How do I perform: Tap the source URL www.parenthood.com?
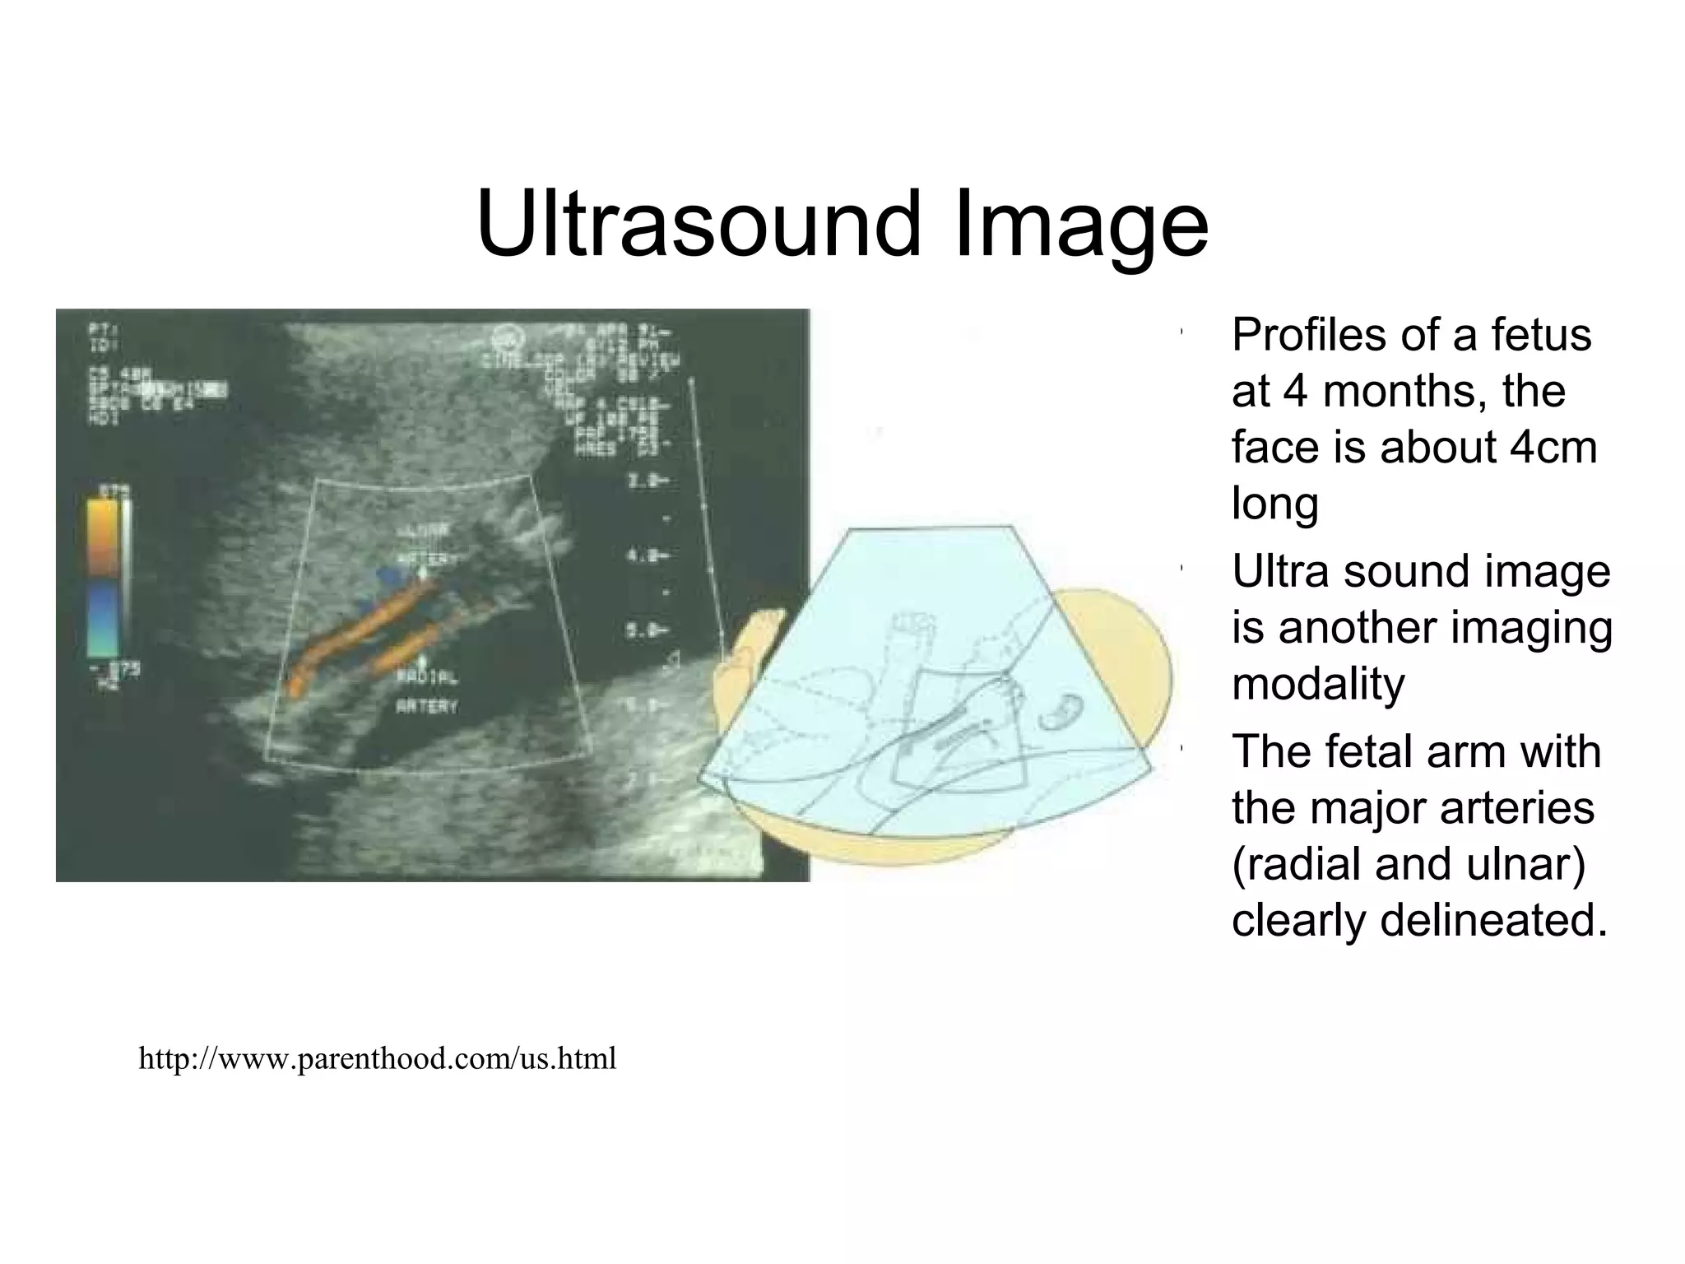(x=377, y=1058)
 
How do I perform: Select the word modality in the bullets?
(x=1318, y=684)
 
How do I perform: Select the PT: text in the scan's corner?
(x=100, y=330)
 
